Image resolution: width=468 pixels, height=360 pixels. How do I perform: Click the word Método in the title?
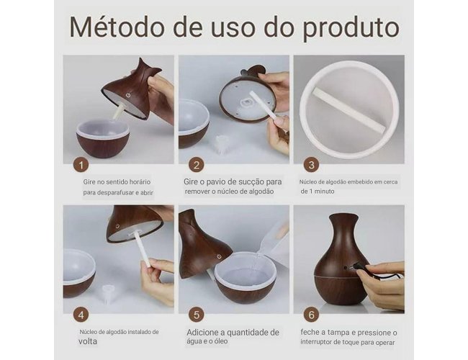(x=117, y=27)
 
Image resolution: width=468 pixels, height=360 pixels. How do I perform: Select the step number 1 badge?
(x=81, y=165)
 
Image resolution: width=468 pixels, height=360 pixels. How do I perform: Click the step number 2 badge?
(x=196, y=165)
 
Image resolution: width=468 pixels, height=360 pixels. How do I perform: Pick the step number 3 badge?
(x=311, y=165)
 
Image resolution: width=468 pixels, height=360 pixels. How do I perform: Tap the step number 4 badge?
(x=81, y=315)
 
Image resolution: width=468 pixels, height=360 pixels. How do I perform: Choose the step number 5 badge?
(x=196, y=315)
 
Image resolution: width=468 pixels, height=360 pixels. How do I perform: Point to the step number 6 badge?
(x=311, y=315)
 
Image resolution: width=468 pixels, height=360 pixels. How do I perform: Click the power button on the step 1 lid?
(x=128, y=95)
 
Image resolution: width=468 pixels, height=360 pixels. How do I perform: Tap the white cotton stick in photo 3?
(x=348, y=110)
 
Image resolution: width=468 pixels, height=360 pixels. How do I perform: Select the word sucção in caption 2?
(x=249, y=181)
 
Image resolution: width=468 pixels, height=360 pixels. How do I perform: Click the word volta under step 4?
(x=88, y=341)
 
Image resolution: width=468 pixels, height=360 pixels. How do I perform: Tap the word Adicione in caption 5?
(x=202, y=332)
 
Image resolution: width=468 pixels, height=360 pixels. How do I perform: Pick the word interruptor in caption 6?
(x=317, y=342)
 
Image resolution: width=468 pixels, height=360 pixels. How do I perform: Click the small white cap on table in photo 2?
(x=220, y=145)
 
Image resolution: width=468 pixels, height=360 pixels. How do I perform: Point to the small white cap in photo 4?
(x=107, y=293)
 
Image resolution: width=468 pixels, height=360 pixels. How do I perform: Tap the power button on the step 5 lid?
(x=220, y=256)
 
